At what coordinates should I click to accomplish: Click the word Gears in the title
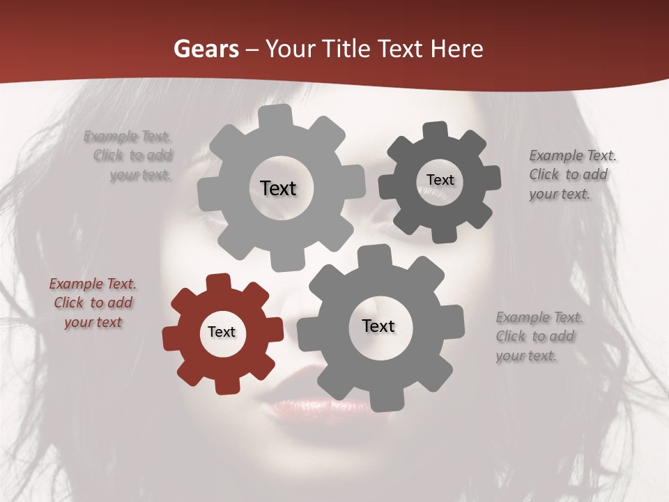coord(206,49)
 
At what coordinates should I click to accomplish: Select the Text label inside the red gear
coord(222,332)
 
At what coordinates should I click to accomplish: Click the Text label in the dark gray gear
coord(440,180)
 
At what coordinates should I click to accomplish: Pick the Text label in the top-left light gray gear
coord(278,188)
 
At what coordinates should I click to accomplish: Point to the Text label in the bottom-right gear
coord(378,326)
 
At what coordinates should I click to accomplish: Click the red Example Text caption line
coord(93,284)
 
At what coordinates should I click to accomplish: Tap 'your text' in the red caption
coord(93,322)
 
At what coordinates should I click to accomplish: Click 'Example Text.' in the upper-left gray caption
coord(128,136)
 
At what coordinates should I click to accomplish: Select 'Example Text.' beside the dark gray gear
coord(573,155)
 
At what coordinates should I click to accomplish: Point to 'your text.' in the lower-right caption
coord(526,356)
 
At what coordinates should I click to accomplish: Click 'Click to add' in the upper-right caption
coord(568,174)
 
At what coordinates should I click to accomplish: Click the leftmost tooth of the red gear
coord(170,339)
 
